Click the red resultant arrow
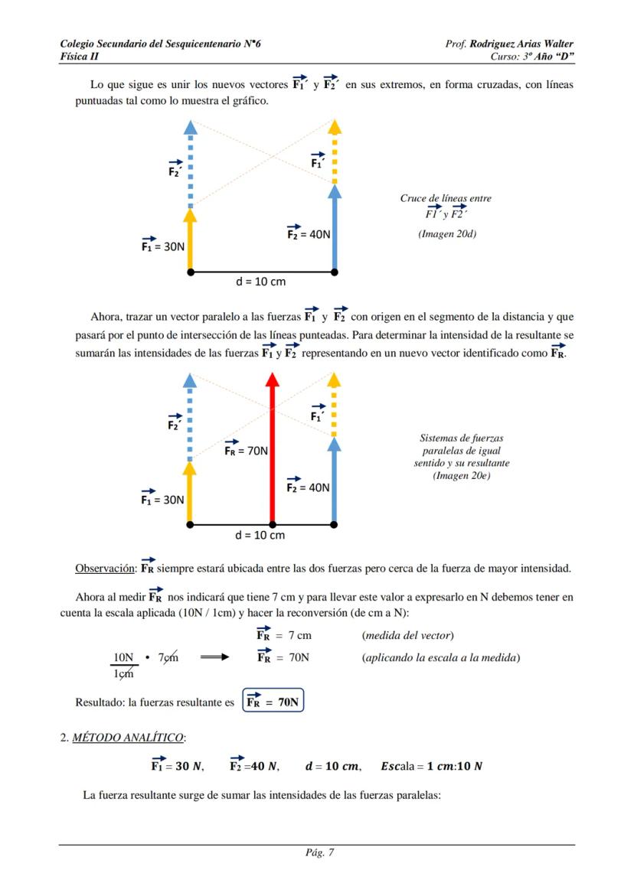pyautogui.click(x=271, y=451)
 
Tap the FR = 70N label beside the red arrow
pyautogui.click(x=246, y=450)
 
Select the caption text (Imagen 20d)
pyautogui.click(x=446, y=234)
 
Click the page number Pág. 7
pyautogui.click(x=317, y=854)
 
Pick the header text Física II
pyautogui.click(x=80, y=57)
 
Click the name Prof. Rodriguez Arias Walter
pyautogui.click(x=509, y=44)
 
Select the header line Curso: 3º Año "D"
pyautogui.click(x=532, y=57)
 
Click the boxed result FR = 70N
pyautogui.click(x=273, y=702)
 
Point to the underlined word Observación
pyautogui.click(x=105, y=569)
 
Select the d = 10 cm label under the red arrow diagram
pyautogui.click(x=260, y=535)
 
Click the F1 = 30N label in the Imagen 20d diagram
pyautogui.click(x=162, y=246)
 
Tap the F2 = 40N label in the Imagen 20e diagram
pyautogui.click(x=308, y=487)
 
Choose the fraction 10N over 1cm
pyautogui.click(x=123, y=665)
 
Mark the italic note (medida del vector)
pyautogui.click(x=408, y=635)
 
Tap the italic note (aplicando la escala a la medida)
pyautogui.click(x=441, y=657)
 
